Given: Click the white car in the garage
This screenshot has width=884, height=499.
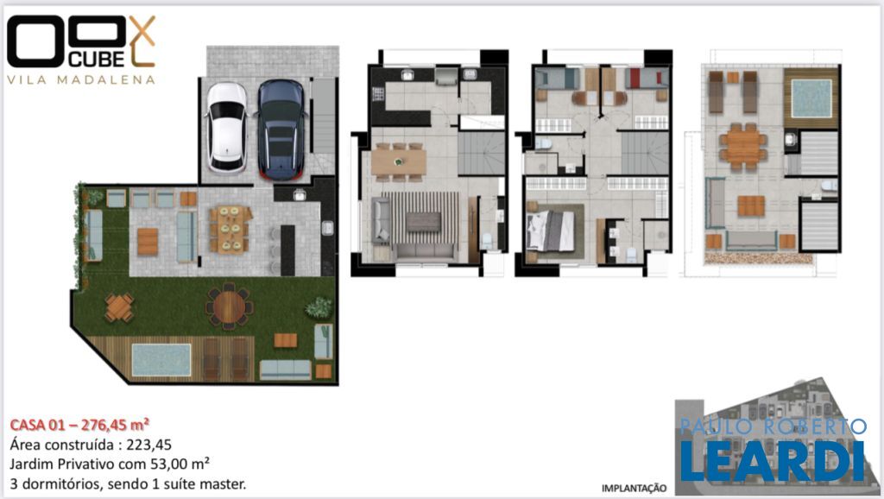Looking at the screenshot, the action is pos(227,128).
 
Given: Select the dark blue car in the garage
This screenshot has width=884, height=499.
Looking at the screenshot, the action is pos(281,129).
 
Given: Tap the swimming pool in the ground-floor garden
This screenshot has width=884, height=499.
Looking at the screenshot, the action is pos(161,360).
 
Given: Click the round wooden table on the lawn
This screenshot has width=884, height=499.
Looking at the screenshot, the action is pos(229,306).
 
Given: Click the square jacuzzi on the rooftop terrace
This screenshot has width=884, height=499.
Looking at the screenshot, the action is pos(811,98).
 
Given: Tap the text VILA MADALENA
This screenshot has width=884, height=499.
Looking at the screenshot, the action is pos(80,79).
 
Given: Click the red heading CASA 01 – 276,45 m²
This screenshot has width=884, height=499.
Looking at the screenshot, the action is pos(79,425).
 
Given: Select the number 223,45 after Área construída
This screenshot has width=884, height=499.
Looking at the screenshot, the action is pos(148,445).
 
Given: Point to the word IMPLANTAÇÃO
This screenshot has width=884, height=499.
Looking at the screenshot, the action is pos(634,489).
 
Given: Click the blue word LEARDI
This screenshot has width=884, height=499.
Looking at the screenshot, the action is pos(773,461).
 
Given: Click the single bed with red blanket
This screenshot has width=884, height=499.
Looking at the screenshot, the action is pos(646,79).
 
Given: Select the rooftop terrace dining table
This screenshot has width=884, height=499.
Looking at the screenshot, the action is pos(742,147).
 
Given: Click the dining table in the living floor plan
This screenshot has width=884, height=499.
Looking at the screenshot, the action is pos(399,161).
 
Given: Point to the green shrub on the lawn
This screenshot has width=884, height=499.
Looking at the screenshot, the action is pos(319,308).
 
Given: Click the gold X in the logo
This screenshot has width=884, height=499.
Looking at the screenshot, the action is pos(142,30).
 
